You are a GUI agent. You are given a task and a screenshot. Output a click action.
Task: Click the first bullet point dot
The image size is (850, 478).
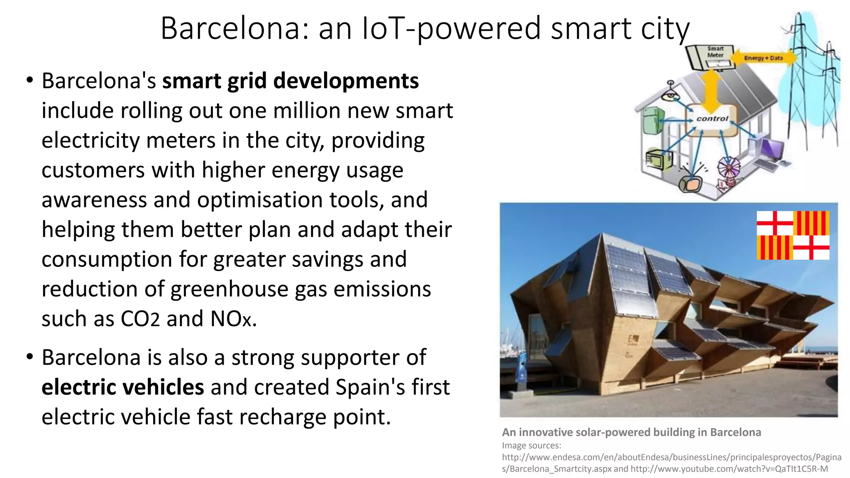[29, 80]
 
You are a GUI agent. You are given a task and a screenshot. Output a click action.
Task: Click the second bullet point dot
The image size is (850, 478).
[29, 356]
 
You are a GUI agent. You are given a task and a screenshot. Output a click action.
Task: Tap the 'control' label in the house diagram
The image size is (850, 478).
[712, 119]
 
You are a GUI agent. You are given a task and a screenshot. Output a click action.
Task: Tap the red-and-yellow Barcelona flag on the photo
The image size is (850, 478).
[793, 235]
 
